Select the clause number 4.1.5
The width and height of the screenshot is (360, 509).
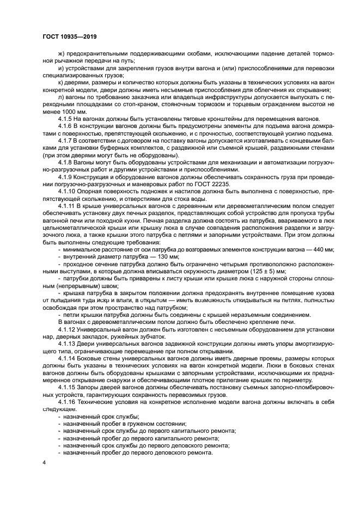65,119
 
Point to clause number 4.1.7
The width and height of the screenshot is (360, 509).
65,140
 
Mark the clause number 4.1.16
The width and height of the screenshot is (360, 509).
67,401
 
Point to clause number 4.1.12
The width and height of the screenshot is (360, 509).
67,330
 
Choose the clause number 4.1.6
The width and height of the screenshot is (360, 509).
65,126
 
